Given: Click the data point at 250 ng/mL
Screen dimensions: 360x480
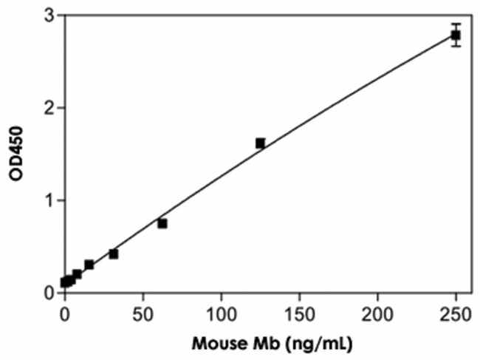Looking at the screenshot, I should click(x=456, y=35).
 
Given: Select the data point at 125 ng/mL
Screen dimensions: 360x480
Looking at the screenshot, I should click(x=260, y=143).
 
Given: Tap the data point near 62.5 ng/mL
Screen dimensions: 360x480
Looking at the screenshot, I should click(x=162, y=223).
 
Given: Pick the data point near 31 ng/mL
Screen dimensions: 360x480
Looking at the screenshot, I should click(x=114, y=254).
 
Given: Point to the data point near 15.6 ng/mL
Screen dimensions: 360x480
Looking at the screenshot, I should click(x=89, y=265).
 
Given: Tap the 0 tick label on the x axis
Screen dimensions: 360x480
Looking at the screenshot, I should click(x=65, y=312).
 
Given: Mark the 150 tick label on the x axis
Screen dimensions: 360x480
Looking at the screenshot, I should click(x=300, y=312).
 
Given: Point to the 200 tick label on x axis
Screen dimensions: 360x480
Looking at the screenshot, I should click(x=378, y=312).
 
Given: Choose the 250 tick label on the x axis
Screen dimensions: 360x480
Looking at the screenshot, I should click(x=456, y=312).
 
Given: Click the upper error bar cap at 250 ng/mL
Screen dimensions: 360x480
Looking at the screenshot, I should click(x=456, y=24).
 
